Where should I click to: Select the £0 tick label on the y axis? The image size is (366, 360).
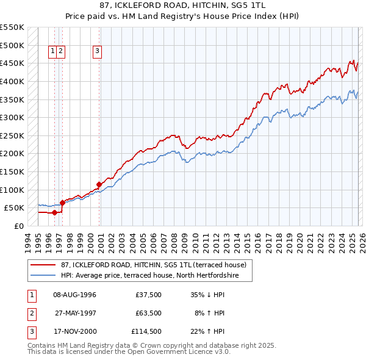pyautogui.click(x=18, y=226)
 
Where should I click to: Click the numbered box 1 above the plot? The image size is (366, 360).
pyautogui.click(x=54, y=52)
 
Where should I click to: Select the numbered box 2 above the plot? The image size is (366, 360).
pyautogui.click(x=62, y=52)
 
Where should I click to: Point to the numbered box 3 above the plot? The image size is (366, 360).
pyautogui.click(x=98, y=52)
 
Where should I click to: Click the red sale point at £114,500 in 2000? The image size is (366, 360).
pyautogui.click(x=99, y=184)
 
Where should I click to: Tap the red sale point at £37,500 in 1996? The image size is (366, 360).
pyautogui.click(x=54, y=212)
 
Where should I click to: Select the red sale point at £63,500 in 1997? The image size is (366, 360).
pyautogui.click(x=62, y=203)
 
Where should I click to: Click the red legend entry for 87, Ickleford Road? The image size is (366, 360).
pyautogui.click(x=152, y=265)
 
